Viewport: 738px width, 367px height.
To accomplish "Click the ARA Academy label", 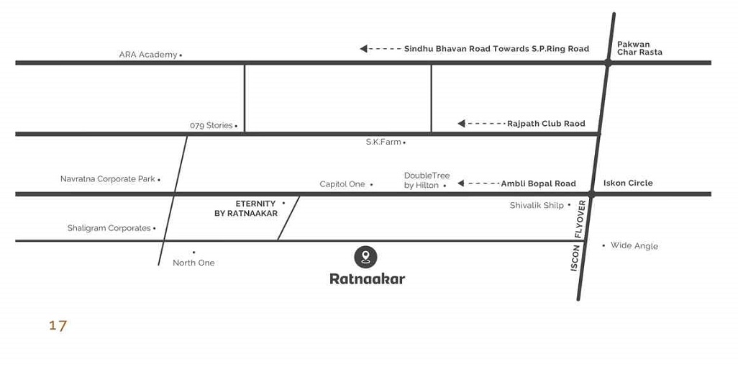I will coord(147,55).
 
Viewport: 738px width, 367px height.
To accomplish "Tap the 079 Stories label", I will coord(211,125).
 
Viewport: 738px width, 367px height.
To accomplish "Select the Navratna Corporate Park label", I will coord(107,178).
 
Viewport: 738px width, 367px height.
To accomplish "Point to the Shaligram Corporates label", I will coord(109,228).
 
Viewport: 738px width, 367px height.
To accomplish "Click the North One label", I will coord(193,263).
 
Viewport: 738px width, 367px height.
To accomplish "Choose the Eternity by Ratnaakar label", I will coord(246,209).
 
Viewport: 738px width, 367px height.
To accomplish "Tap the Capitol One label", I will coord(342,184).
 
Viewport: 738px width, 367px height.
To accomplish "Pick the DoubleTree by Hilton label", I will coord(427,181).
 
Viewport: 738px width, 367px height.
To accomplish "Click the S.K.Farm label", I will coord(383,142).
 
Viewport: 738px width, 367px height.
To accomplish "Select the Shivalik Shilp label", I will coord(537,205).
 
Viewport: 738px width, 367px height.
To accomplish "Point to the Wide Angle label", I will coord(634,245).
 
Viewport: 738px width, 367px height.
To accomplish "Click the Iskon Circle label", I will coord(628,183).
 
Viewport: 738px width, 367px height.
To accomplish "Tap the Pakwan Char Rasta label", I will coord(639,48).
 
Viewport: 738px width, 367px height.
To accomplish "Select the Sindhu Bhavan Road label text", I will coord(496,49).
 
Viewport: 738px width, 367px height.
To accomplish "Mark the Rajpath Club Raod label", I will coord(546,124).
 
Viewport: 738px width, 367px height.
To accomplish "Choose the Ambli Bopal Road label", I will coord(538,183).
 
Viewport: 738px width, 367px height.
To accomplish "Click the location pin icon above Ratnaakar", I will coord(366,256).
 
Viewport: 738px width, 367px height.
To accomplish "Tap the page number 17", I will coord(58,325).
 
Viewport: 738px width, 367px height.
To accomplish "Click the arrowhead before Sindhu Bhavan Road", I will coord(364,49).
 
